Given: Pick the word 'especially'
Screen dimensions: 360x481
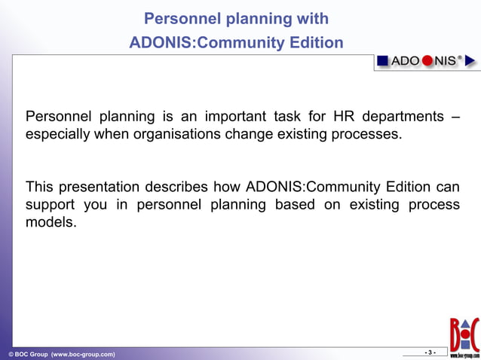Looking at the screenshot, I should pyautogui.click(x=58, y=136).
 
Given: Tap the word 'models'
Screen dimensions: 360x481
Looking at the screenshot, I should pyautogui.click(x=51, y=224).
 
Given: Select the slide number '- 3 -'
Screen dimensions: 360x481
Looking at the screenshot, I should pyautogui.click(x=430, y=352).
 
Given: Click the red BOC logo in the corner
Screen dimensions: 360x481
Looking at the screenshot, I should pyautogui.click(x=464, y=336).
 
